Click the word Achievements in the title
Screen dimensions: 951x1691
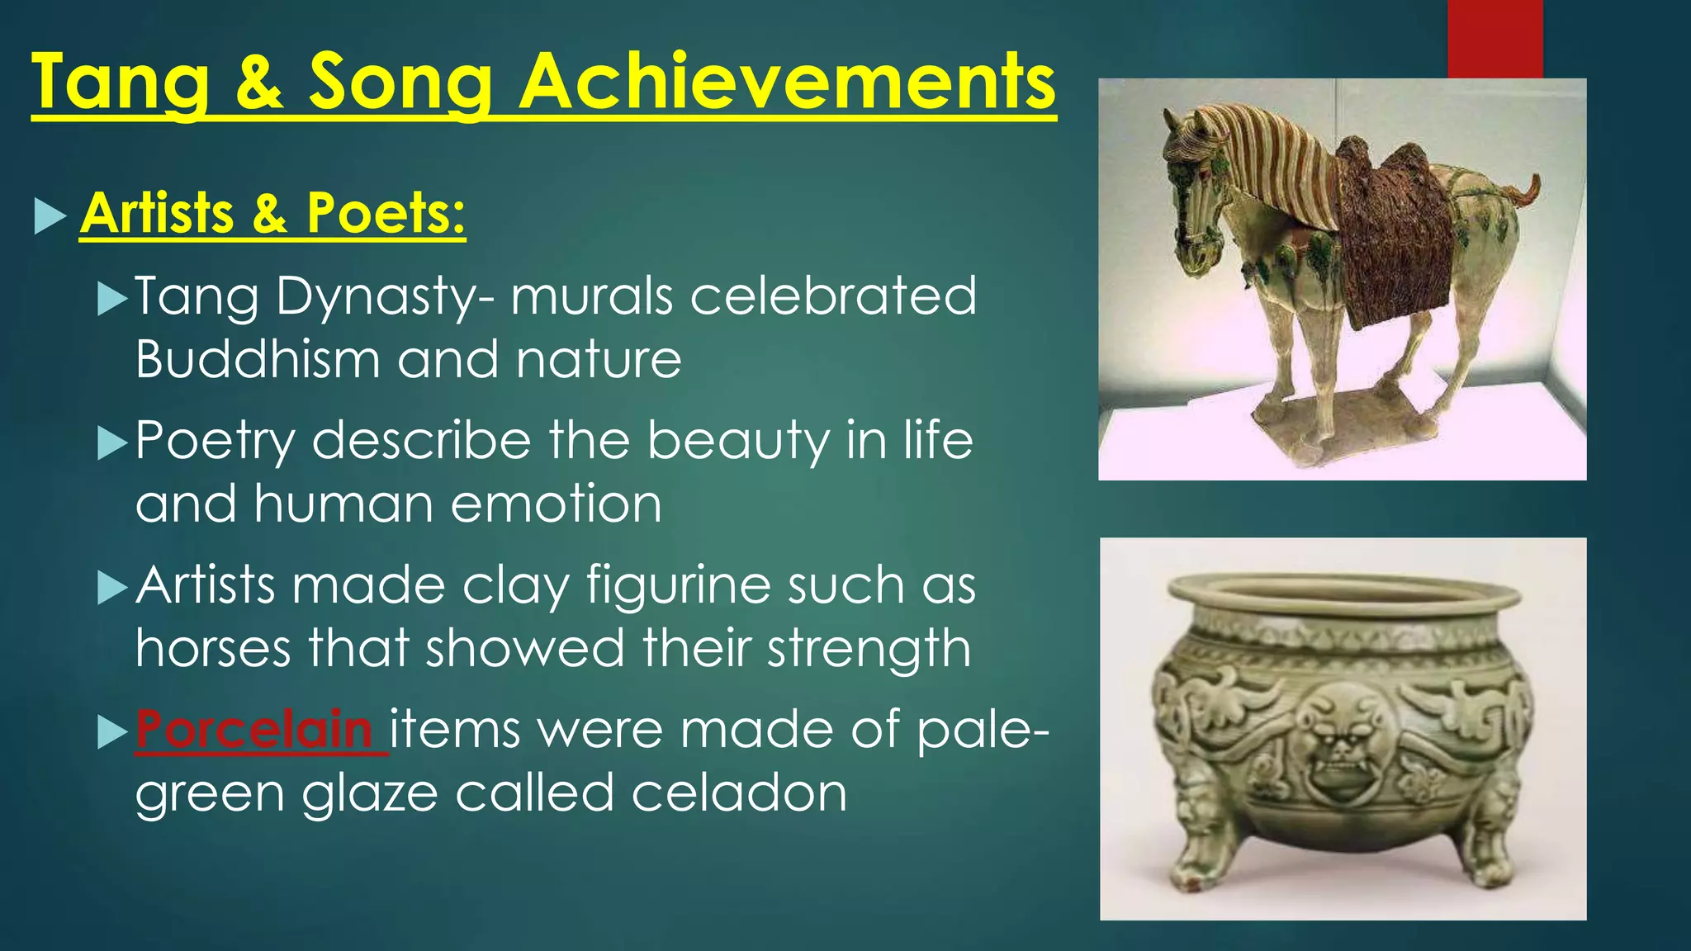[786, 81]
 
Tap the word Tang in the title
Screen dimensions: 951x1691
[121, 83]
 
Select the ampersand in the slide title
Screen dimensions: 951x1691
[258, 83]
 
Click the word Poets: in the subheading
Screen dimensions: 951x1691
[386, 213]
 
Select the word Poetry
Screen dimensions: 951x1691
[215, 441]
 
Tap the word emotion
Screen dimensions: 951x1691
[556, 504]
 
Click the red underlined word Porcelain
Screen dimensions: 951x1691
[254, 730]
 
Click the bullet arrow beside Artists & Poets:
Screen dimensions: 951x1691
[50, 215]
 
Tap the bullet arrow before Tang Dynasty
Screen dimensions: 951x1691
[112, 298]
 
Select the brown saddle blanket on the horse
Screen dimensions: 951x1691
[1395, 239]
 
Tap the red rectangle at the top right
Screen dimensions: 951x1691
[1494, 38]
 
